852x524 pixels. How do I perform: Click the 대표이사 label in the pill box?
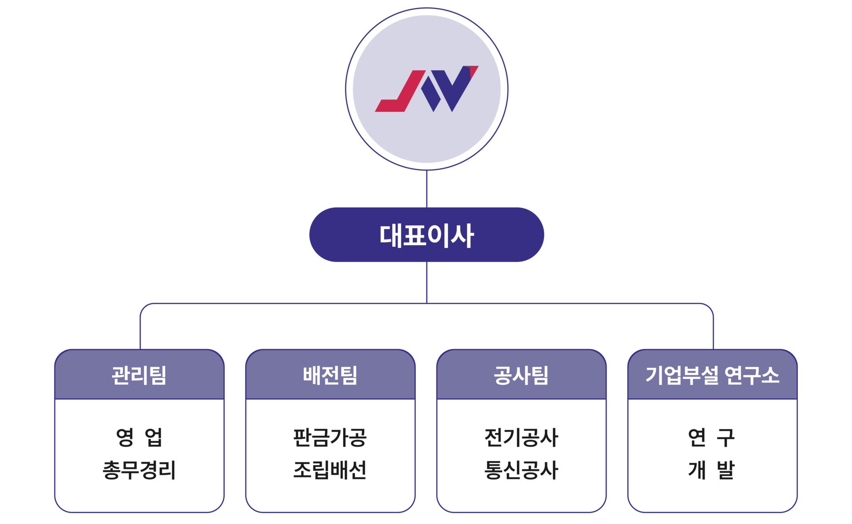tap(426, 235)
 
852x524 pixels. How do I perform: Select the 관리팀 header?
tap(139, 375)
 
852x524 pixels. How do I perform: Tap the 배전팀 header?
tap(330, 375)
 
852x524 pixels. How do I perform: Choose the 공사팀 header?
tap(521, 375)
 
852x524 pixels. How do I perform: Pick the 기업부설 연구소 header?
tap(712, 375)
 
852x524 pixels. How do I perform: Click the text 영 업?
tap(139, 437)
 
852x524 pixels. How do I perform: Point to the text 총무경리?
tap(139, 470)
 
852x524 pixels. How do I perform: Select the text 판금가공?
tap(330, 437)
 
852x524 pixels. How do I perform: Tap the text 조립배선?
tap(330, 470)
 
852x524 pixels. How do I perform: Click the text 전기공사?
tap(521, 437)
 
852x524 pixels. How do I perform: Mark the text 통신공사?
tap(521, 470)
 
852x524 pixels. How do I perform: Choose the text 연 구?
tap(711, 437)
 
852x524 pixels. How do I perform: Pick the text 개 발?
tap(711, 470)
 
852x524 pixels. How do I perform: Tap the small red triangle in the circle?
tap(472, 71)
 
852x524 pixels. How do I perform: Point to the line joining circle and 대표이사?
tap(426, 189)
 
